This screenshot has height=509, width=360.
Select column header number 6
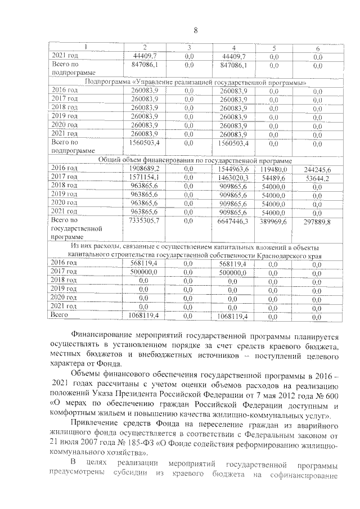point(318,48)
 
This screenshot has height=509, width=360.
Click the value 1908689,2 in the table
point(145,168)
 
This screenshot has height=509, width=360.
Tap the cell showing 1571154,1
point(145,177)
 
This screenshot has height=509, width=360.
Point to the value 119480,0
point(274,168)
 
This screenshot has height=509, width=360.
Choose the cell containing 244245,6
point(318,169)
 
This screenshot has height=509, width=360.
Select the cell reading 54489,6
point(274,177)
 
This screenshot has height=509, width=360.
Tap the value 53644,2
point(318,178)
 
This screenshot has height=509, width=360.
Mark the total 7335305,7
point(145,221)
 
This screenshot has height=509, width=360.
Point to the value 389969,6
point(274,222)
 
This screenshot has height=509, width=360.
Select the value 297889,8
point(318,222)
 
